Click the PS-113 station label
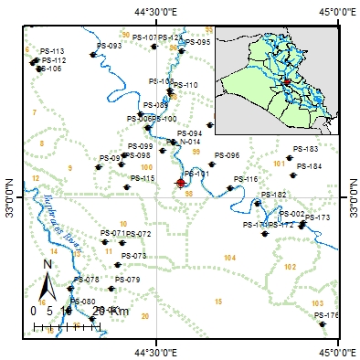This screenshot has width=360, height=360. (x=53, y=51)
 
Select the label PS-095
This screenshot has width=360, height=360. (x=198, y=42)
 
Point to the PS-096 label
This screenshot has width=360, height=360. (x=252, y=156)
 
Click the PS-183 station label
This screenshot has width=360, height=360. (x=332, y=149)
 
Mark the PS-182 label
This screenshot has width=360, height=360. (x=274, y=196)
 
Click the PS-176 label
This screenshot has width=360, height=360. (x=326, y=316)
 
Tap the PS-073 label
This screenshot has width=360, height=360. (x=133, y=257)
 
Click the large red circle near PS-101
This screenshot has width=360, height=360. (x=180, y=184)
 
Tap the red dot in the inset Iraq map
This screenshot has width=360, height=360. (x=286, y=81)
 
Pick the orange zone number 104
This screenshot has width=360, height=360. (x=229, y=259)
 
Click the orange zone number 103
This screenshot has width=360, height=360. (x=317, y=303)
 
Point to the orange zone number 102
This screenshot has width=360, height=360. (x=291, y=267)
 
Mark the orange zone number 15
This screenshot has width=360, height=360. (x=218, y=302)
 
